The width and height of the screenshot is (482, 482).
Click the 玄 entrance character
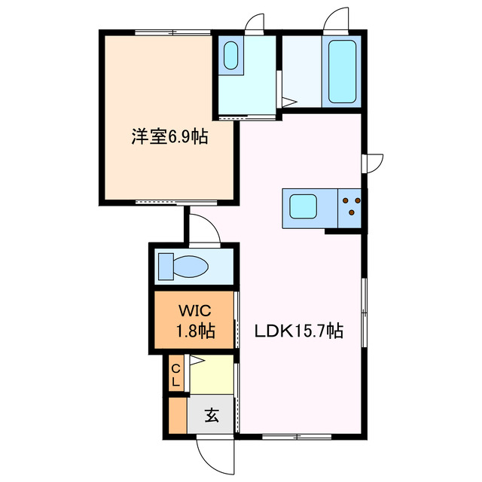(212, 415)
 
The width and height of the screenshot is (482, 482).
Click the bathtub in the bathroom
(342, 72)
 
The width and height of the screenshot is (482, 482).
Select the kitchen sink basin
(305, 205)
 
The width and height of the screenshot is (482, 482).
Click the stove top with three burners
(350, 206)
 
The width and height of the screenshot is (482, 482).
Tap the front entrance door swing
(215, 454)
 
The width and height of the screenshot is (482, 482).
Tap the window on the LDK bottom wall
(297, 436)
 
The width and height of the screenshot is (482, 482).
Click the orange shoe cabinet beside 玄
(176, 415)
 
